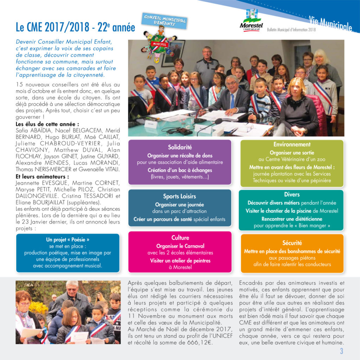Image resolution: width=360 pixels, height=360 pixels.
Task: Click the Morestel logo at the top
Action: (251, 21)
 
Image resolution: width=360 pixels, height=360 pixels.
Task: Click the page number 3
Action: (341, 351)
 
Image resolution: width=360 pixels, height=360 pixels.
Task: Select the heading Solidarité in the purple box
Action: (180, 147)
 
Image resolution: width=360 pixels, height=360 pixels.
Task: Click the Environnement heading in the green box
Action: (292, 144)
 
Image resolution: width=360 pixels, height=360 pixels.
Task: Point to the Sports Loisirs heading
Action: (179, 197)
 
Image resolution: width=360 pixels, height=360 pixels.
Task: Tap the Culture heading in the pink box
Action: (180, 238)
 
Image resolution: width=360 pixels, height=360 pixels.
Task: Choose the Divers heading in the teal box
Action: (292, 194)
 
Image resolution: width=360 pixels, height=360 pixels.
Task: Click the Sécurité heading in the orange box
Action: (292, 243)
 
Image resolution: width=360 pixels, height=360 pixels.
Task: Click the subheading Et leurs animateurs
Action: (42, 177)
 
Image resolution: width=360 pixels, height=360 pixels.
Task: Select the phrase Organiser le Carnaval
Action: (180, 246)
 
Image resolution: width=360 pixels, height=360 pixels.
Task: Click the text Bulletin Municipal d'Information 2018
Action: (291, 30)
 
